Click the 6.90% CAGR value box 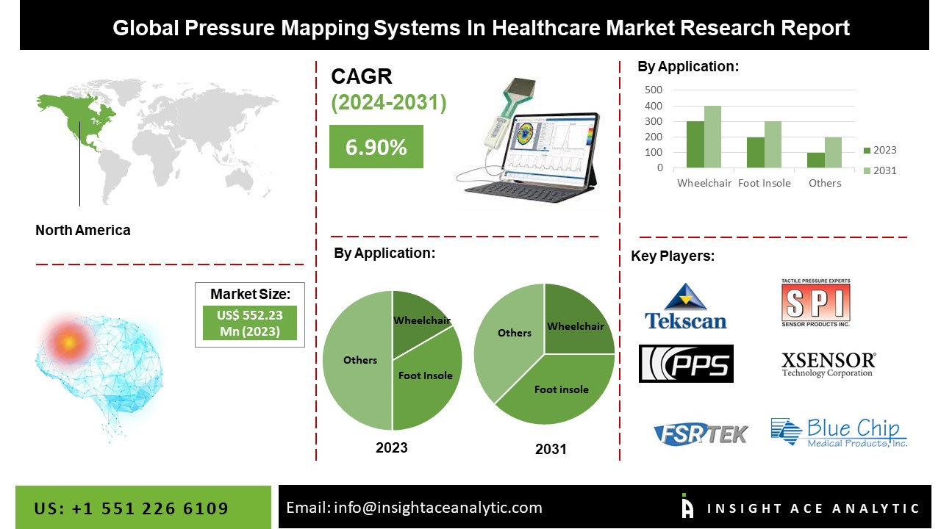pos(376,147)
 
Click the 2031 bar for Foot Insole pos(773,145)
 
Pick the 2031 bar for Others pos(833,152)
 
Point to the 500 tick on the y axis pos(654,90)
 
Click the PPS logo pos(686,364)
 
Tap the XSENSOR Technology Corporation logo pos(828,364)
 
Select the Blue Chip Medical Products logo pos(839,432)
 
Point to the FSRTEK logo pos(700,433)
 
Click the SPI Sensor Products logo pos(815,303)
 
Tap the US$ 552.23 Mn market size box pos(250,323)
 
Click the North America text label pos(83,230)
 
